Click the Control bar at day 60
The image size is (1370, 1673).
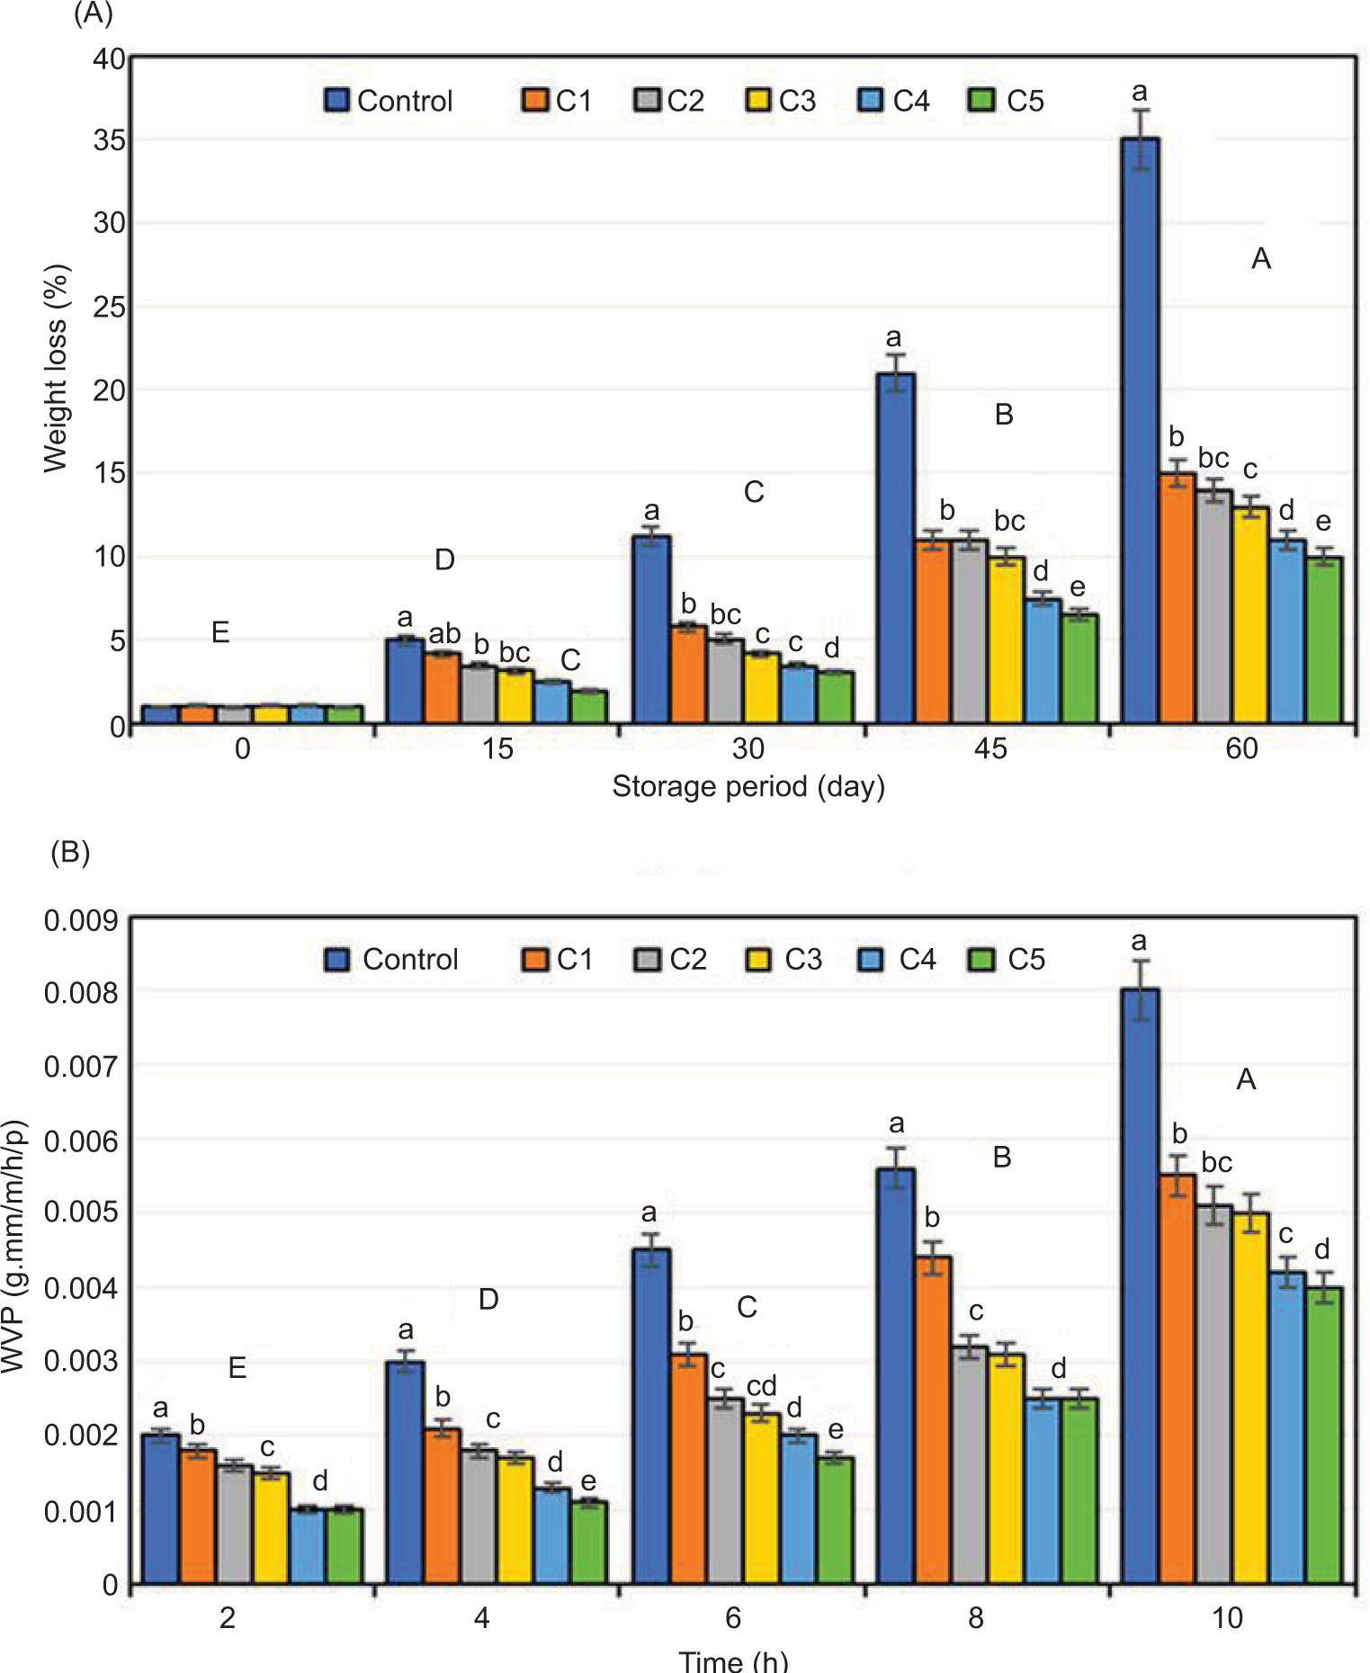coord(1140,432)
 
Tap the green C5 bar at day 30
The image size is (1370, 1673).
coord(836,697)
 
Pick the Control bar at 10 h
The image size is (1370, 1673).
coord(1140,1286)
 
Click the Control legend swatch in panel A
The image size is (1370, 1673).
coord(336,100)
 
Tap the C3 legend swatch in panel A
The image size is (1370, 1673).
coord(758,100)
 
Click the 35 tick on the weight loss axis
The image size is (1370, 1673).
coord(110,140)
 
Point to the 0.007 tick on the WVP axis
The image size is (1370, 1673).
coord(81,1067)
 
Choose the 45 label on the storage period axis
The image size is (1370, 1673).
coord(990,748)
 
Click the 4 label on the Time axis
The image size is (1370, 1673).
coord(482,1618)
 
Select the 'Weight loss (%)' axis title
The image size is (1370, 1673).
coord(56,368)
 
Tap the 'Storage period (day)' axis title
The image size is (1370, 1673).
coord(748,787)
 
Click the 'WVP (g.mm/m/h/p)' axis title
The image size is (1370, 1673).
coord(13,1246)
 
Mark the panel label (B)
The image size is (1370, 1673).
coord(70,852)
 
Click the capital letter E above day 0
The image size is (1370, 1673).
coord(220,632)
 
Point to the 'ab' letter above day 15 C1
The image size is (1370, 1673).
coord(444,633)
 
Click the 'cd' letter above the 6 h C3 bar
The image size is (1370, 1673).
coord(761,1385)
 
